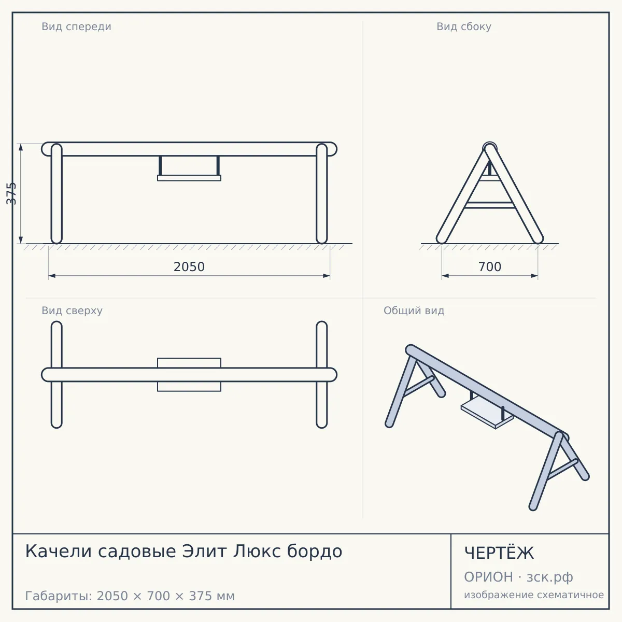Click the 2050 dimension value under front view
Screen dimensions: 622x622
(x=189, y=267)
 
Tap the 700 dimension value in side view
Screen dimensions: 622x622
(x=490, y=267)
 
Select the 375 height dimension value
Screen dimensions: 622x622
(x=11, y=193)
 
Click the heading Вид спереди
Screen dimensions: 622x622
(x=77, y=26)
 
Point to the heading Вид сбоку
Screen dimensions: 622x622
(x=464, y=26)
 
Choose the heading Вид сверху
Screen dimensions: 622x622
(x=72, y=310)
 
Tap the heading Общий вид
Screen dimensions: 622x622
(x=414, y=310)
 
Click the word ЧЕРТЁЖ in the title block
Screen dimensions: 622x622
(x=499, y=553)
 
